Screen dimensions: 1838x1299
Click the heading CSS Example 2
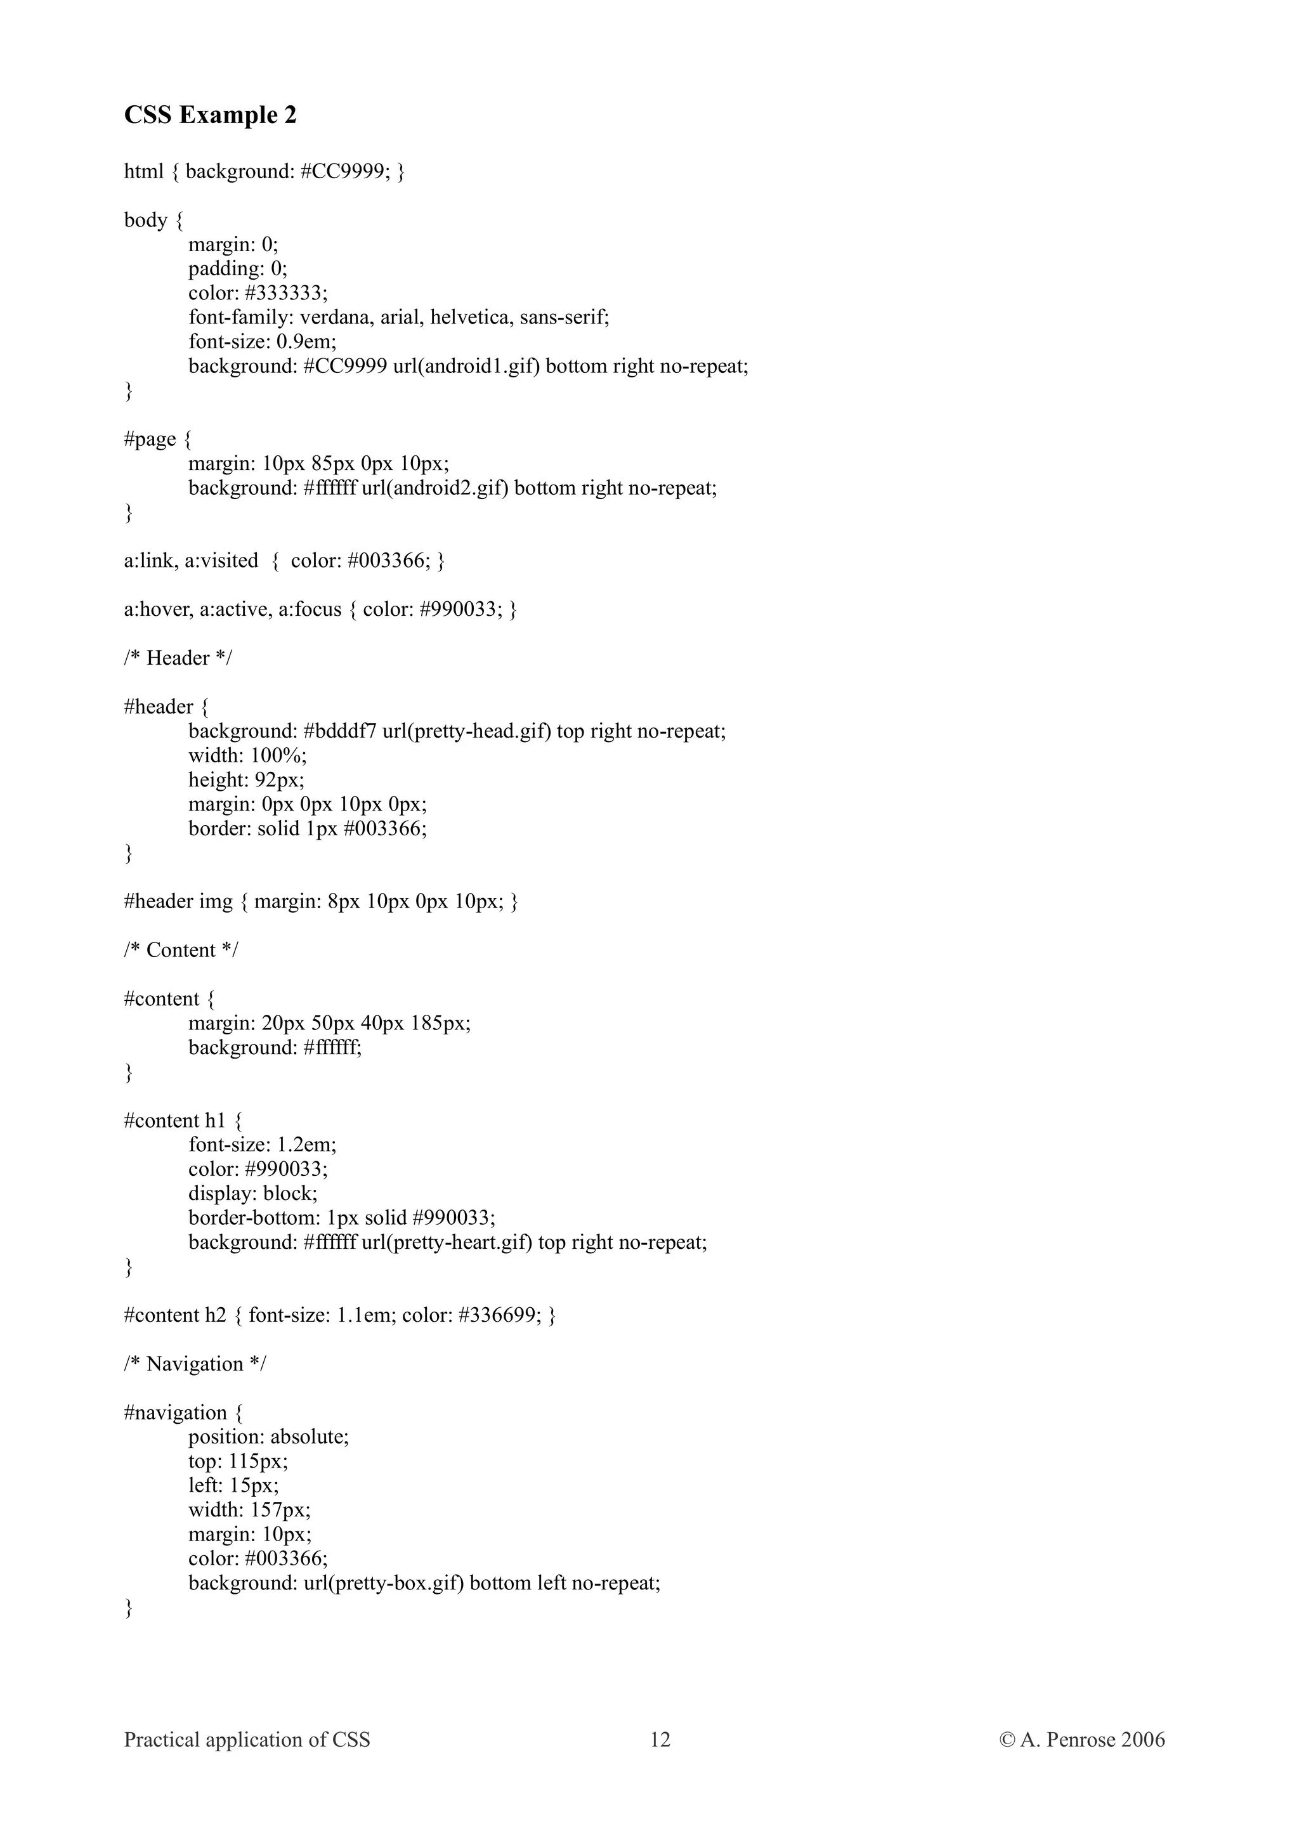[210, 115]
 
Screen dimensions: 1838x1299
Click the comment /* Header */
[178, 658]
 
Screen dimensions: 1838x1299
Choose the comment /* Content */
[181, 950]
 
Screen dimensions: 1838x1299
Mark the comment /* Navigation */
[195, 1364]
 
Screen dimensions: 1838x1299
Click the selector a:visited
[221, 561]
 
